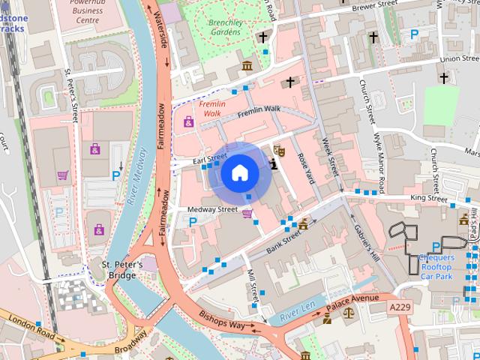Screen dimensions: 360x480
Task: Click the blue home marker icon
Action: (x=239, y=172)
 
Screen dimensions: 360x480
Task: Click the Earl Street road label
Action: (x=209, y=157)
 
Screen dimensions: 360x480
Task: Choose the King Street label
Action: (x=427, y=198)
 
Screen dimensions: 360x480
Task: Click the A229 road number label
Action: (x=400, y=307)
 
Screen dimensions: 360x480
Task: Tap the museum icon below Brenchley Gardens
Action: (x=247, y=68)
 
